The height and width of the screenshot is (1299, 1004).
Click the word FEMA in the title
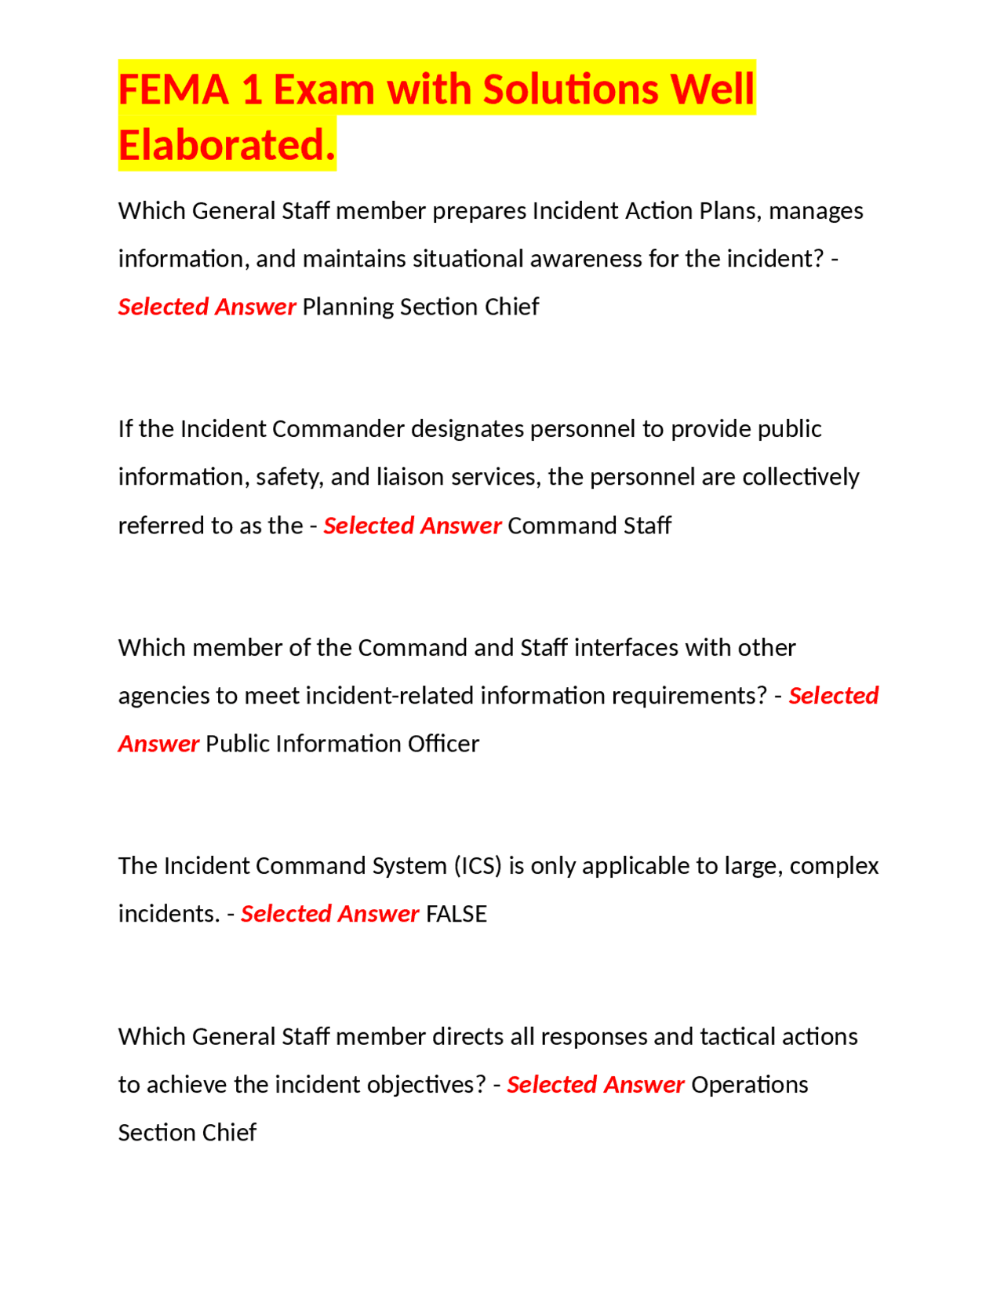(x=173, y=89)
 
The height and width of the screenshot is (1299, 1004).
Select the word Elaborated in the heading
(x=227, y=146)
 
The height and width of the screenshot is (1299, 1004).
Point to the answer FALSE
(x=456, y=914)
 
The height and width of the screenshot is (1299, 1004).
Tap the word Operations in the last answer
(x=749, y=1085)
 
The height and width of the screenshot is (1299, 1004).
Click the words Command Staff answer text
(x=589, y=526)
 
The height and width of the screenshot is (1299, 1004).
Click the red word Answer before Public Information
(x=158, y=744)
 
